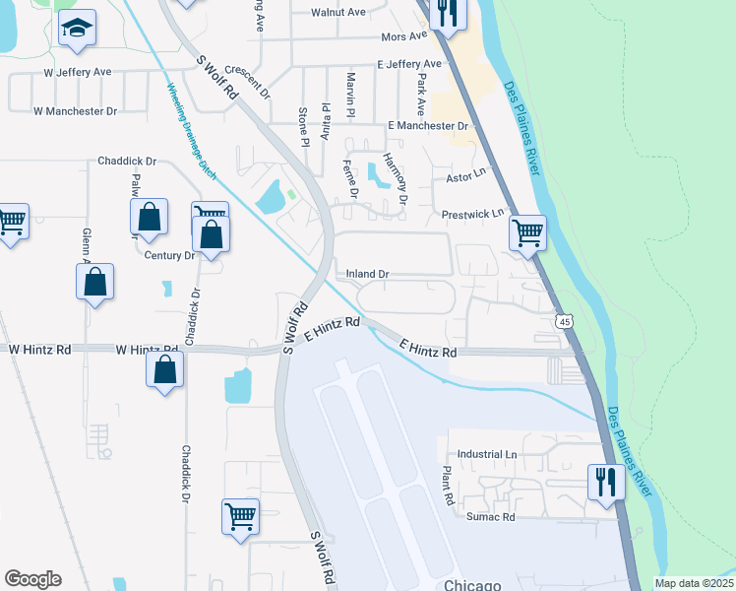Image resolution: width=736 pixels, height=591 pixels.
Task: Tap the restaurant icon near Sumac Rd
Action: pyautogui.click(x=604, y=482)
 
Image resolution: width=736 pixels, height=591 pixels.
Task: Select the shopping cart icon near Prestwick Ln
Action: pyautogui.click(x=527, y=233)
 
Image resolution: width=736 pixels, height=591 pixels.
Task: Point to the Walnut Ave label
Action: pyautogui.click(x=337, y=13)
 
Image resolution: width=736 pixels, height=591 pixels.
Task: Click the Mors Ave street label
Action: pyautogui.click(x=404, y=37)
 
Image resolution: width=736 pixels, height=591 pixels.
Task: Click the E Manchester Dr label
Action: pyautogui.click(x=428, y=126)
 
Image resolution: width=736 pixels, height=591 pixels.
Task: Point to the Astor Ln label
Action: pyautogui.click(x=466, y=175)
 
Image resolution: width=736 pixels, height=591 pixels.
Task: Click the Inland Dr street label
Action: pyautogui.click(x=368, y=273)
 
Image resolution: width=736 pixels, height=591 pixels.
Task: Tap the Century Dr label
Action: pyautogui.click(x=170, y=255)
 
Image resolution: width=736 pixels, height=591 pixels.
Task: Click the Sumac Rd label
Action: pyautogui.click(x=489, y=517)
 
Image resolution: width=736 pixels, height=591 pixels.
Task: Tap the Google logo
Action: pyautogui.click(x=32, y=578)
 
